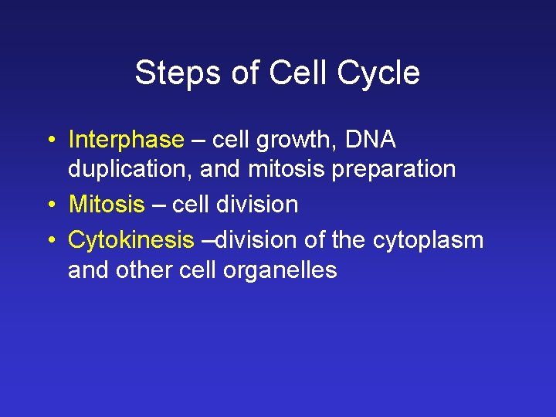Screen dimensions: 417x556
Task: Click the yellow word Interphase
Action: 126,140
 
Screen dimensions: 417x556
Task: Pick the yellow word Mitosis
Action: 107,205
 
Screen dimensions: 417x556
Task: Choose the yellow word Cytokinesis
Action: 131,240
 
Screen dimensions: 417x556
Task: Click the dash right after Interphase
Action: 198,141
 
